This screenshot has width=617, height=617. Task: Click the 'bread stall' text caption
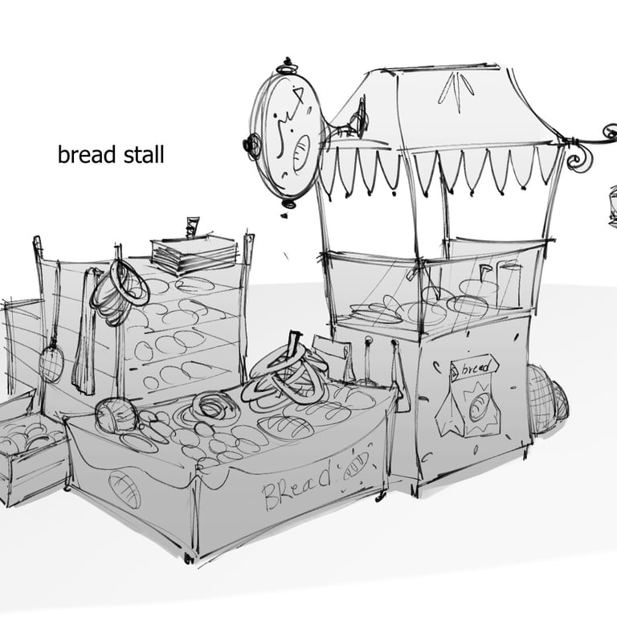110,154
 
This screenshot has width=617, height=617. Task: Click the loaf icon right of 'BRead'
355,465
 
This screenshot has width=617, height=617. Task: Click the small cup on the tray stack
191,227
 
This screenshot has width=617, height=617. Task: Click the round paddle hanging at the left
51,363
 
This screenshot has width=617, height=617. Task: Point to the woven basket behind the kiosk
545,396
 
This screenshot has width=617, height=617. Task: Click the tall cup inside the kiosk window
509,284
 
